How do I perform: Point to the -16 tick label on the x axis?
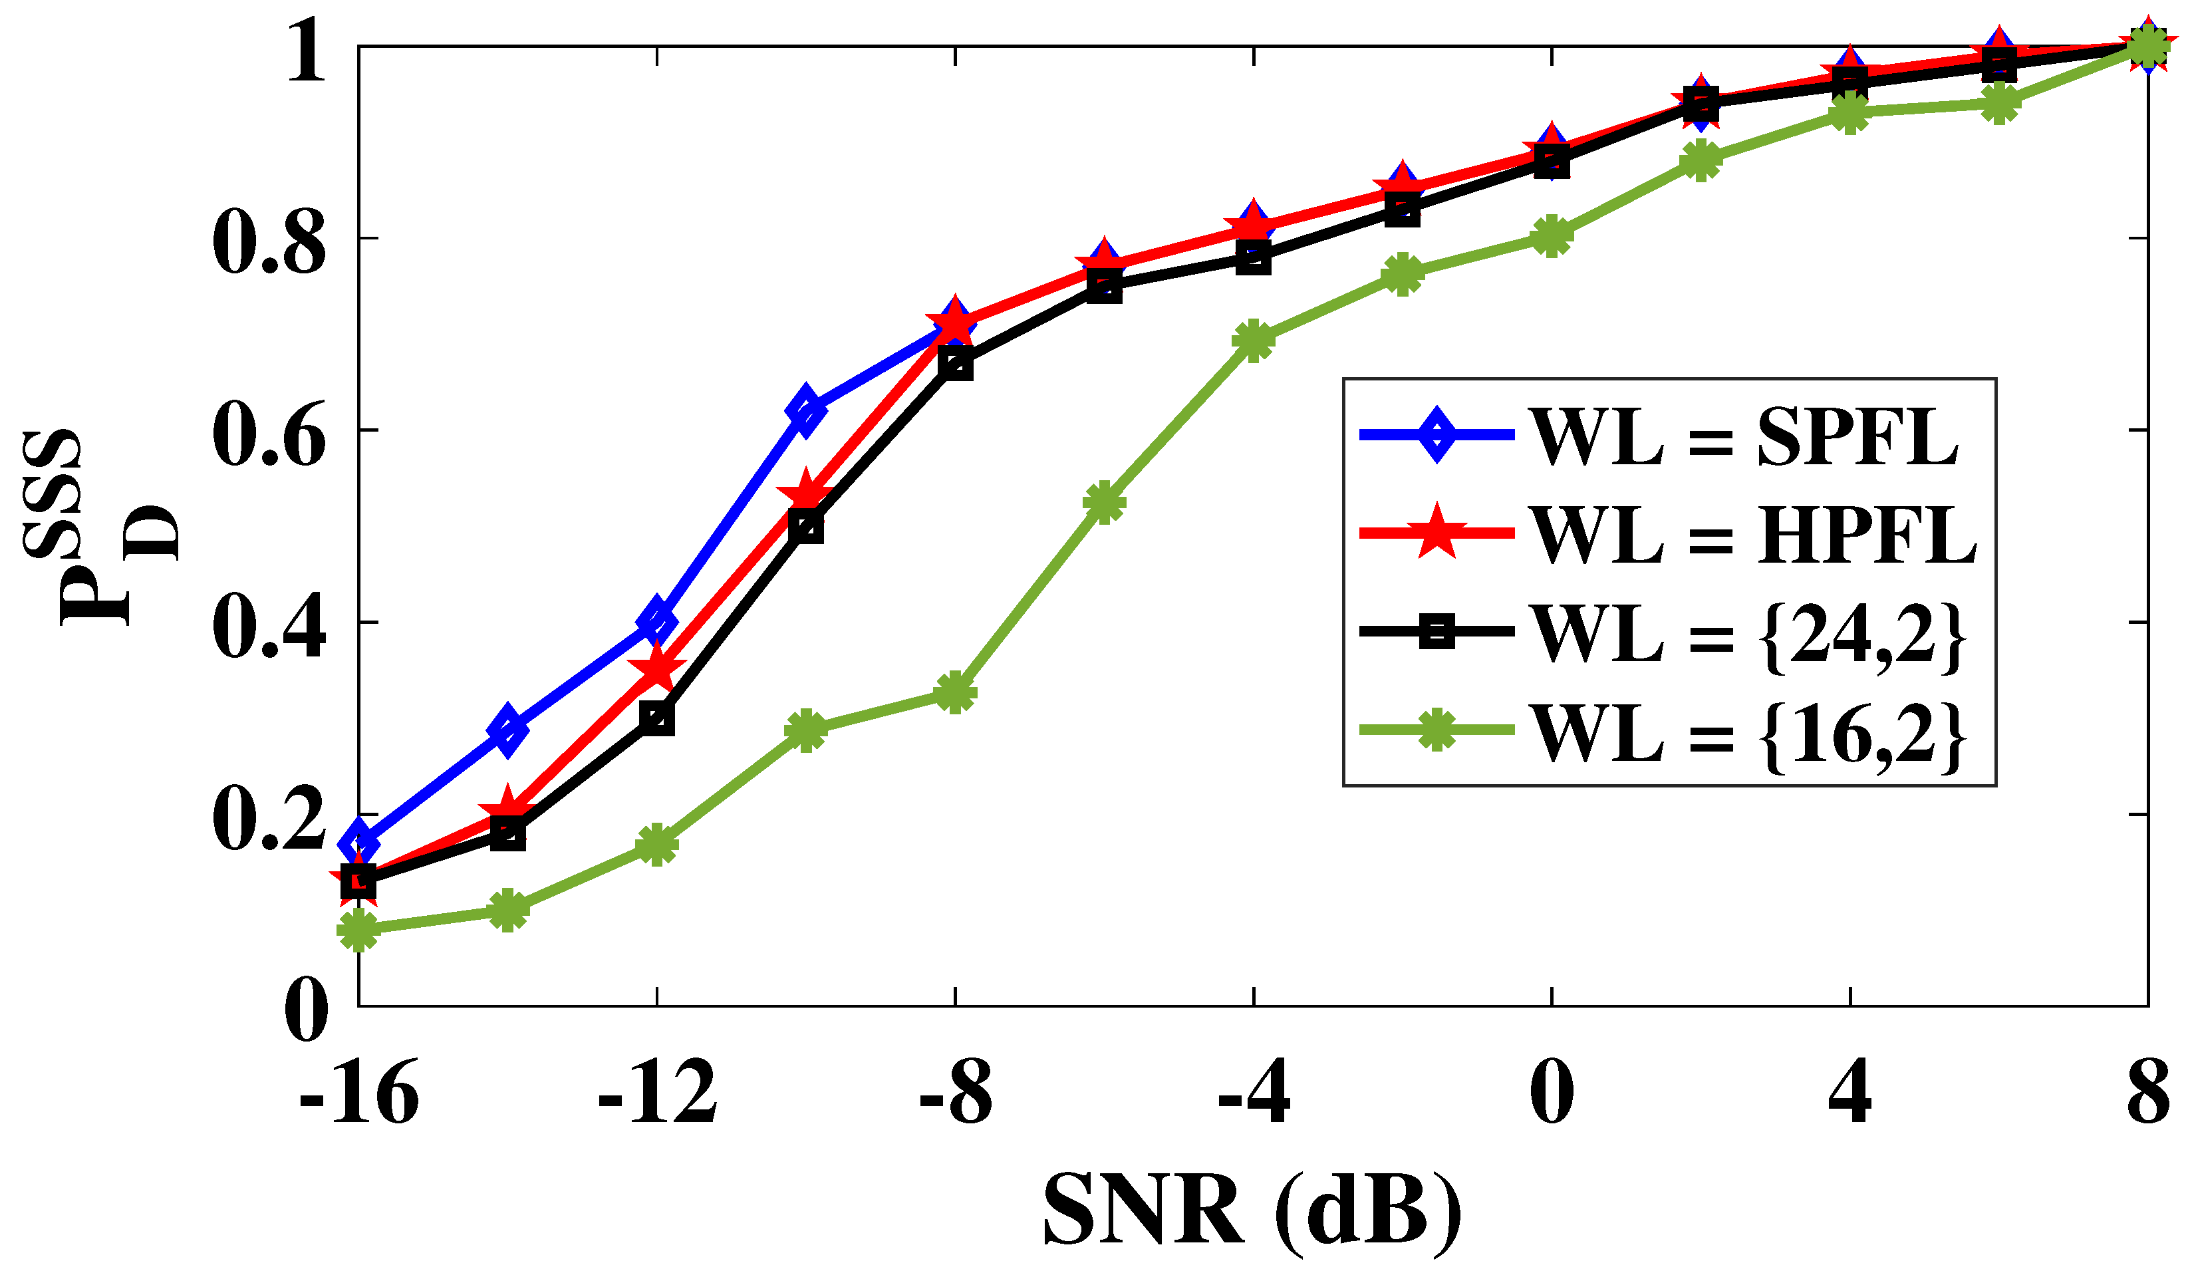pyautogui.click(x=358, y=1094)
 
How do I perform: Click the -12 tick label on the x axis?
pyautogui.click(x=657, y=1094)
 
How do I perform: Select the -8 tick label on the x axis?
pyautogui.click(x=955, y=1094)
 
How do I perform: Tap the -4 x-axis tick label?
pyautogui.click(x=1253, y=1094)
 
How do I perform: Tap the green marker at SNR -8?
pyautogui.click(x=955, y=693)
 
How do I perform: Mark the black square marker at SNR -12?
pyautogui.click(x=657, y=719)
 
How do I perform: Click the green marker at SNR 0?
pyautogui.click(x=1552, y=237)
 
